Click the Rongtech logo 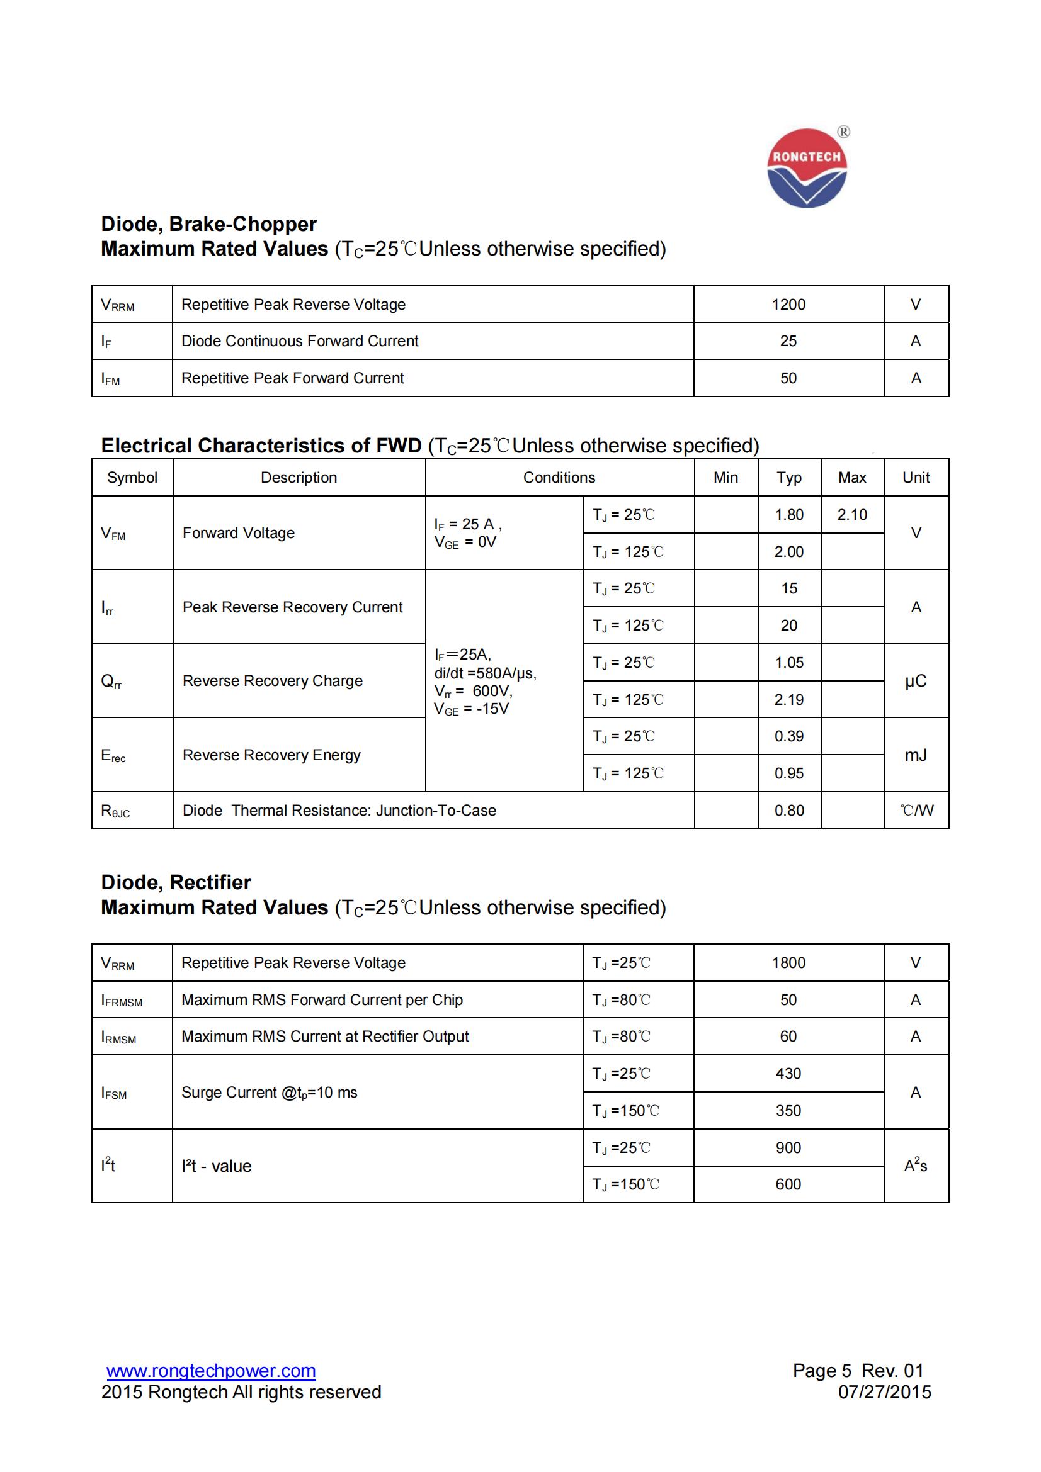click(807, 168)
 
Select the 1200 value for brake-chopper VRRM click(788, 305)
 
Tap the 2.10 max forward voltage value click(852, 515)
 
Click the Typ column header click(789, 478)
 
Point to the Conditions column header click(559, 478)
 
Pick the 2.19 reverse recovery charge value click(789, 699)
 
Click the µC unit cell click(915, 681)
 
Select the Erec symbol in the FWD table click(113, 755)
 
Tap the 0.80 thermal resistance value click(789, 811)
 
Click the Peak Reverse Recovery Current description click(292, 607)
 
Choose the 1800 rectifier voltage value click(788, 963)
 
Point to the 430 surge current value click(788, 1074)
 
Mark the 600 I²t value click(788, 1184)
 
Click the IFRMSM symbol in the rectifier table click(122, 1000)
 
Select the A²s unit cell click(915, 1166)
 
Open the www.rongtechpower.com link click(211, 1371)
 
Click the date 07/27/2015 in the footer click(884, 1393)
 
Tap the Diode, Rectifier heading click(176, 883)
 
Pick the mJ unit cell click(915, 755)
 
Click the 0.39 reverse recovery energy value click(789, 737)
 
